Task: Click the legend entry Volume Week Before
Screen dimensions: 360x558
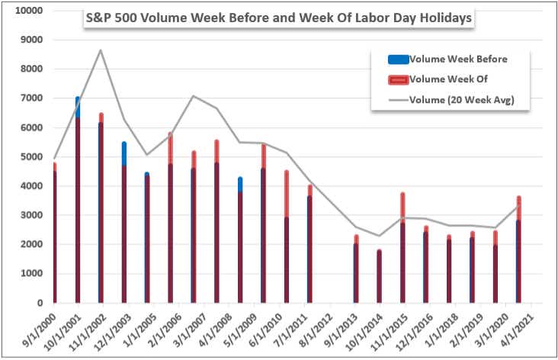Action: tap(457, 59)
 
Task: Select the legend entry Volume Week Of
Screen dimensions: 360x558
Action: tap(448, 79)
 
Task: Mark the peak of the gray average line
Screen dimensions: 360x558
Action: tap(101, 50)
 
